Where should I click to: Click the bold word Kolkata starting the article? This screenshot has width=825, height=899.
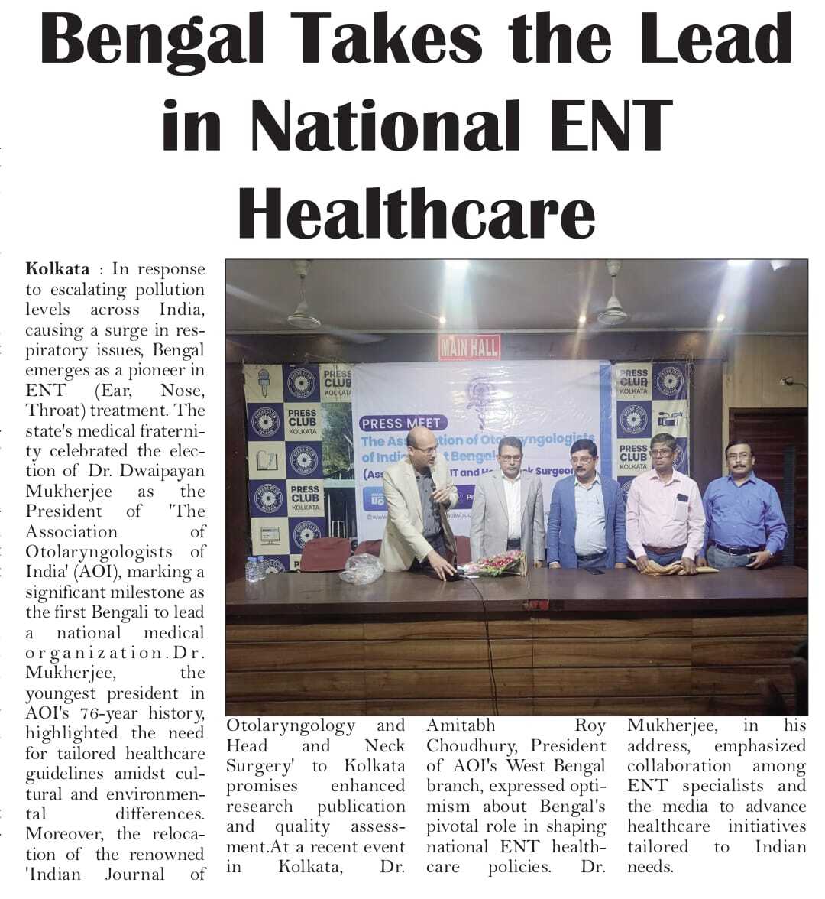point(57,269)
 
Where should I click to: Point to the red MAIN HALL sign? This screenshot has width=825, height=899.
point(469,348)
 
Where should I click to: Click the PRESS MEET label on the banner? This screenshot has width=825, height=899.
point(401,423)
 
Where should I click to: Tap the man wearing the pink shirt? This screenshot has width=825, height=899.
point(665,505)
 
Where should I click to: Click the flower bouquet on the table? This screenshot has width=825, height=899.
point(495,565)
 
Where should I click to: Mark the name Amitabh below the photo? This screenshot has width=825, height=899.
point(461,725)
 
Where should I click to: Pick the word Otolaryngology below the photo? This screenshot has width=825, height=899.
point(290,725)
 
